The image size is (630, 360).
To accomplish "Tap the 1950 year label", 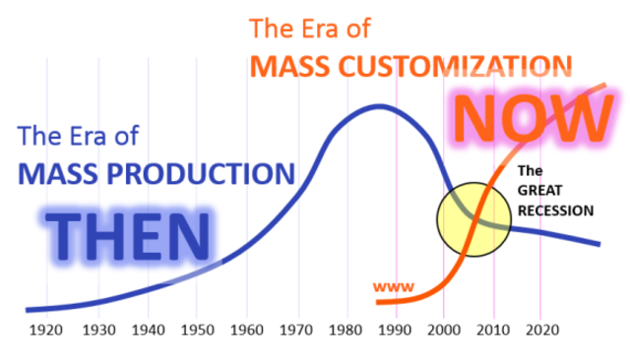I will (x=198, y=330).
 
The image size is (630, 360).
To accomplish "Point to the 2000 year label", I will (x=443, y=330).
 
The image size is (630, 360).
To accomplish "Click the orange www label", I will (x=394, y=287).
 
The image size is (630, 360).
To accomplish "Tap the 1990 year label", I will (x=394, y=330).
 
